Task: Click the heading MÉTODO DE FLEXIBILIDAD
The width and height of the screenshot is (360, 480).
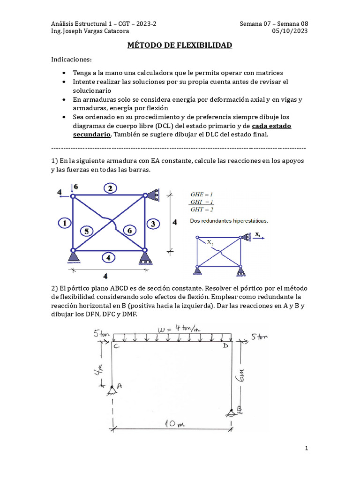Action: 180,45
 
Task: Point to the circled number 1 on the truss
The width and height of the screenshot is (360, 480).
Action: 65,223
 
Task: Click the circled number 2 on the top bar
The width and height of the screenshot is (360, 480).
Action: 109,188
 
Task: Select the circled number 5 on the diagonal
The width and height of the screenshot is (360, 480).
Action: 86,231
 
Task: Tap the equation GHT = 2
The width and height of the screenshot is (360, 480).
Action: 202,209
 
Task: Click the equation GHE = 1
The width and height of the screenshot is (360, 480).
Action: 202,194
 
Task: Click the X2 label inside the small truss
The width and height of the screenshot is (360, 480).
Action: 210,242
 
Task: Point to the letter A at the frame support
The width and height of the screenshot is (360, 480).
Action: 119,386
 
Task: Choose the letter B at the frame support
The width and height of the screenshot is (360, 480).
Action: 239,410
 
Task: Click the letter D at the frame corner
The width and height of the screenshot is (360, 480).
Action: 225,345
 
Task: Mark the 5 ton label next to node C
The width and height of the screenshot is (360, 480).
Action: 102,334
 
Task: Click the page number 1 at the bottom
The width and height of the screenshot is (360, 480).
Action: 306,449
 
